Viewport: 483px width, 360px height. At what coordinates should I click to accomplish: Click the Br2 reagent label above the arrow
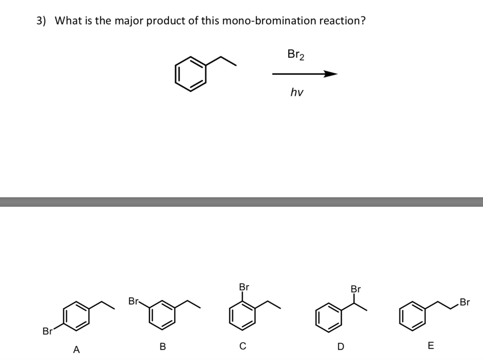click(296, 55)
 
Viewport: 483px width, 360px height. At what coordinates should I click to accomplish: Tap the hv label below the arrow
click(297, 92)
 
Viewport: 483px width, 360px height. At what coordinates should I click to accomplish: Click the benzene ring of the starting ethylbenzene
click(191, 74)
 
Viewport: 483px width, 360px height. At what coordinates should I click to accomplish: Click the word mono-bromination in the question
click(259, 21)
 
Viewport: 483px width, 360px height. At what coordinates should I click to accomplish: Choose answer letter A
click(76, 350)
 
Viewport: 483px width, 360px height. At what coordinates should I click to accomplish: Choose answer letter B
click(162, 347)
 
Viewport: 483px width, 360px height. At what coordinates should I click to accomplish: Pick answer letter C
click(242, 347)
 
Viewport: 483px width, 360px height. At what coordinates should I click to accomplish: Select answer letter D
click(341, 347)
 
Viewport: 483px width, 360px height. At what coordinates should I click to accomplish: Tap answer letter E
click(431, 346)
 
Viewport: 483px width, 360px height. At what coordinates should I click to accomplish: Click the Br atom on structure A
click(47, 331)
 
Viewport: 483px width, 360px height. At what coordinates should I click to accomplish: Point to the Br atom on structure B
click(133, 301)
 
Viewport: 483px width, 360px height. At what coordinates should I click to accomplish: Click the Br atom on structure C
click(244, 286)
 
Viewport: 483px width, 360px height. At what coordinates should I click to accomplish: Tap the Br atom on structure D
click(356, 289)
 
